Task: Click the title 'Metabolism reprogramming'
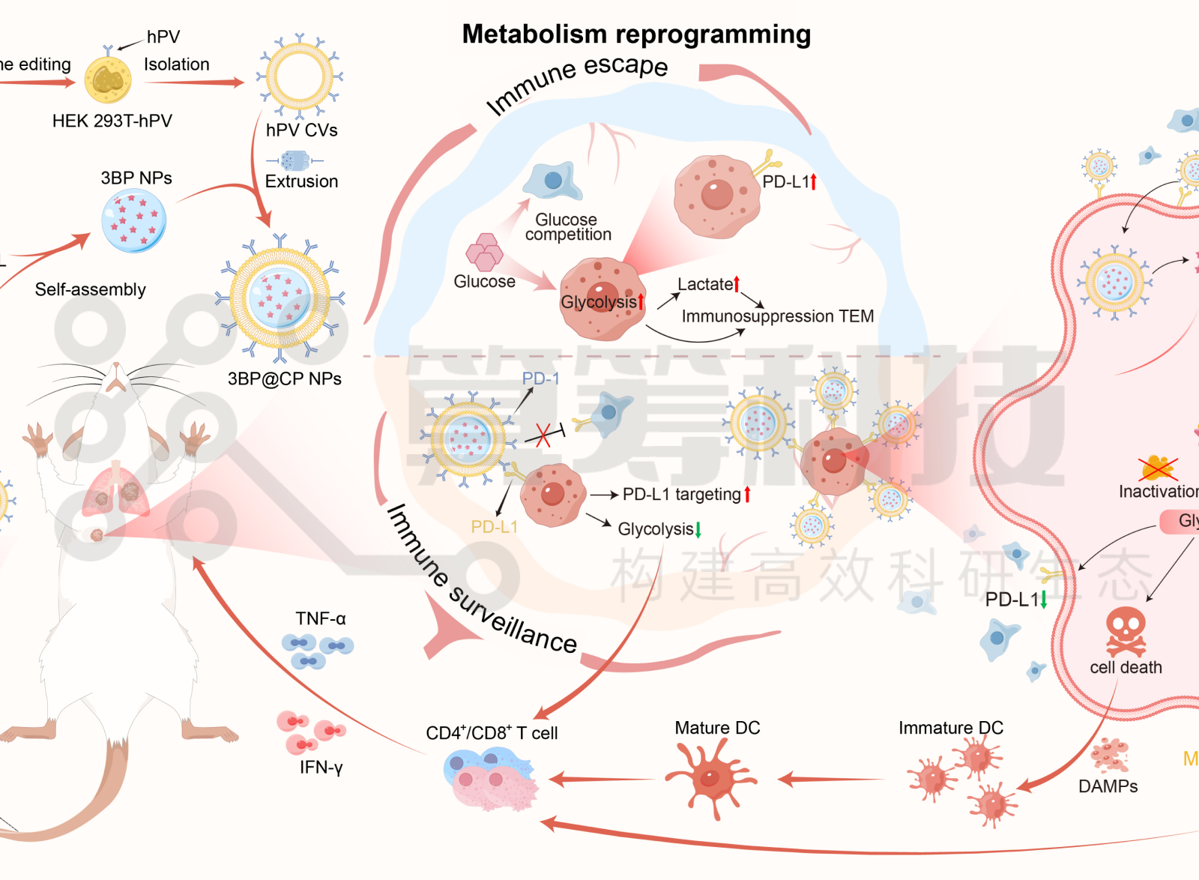[x=636, y=34]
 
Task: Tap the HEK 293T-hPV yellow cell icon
[x=108, y=79]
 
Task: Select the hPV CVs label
[x=301, y=130]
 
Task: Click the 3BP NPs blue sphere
[x=134, y=220]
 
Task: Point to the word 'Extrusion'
[x=301, y=181]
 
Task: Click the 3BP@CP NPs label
[x=284, y=379]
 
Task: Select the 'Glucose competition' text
[x=567, y=227]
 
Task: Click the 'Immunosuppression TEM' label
[x=777, y=316]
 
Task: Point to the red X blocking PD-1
[x=543, y=436]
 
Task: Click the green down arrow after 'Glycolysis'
[x=698, y=530]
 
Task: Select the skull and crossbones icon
[x=1126, y=631]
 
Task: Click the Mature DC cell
[x=710, y=778]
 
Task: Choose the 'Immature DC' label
[x=950, y=728]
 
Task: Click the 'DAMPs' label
[x=1108, y=786]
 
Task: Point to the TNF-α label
[x=320, y=618]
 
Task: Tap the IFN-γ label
[x=321, y=768]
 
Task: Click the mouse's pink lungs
[x=115, y=491]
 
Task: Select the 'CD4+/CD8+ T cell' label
[x=492, y=733]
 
